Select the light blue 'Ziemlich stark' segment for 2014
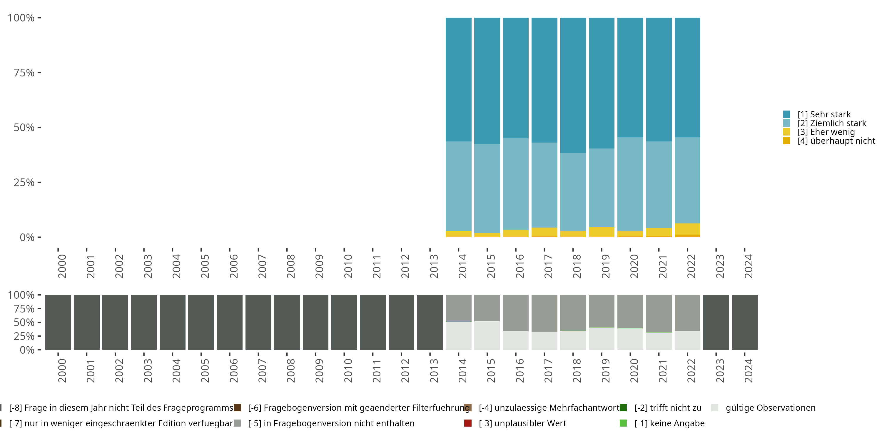[458, 186]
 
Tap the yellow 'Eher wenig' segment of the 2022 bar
[687, 229]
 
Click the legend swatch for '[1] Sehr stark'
[786, 114]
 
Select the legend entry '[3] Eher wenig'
[826, 132]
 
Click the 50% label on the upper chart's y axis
[24, 127]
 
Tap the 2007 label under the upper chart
[262, 266]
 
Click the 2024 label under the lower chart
[749, 370]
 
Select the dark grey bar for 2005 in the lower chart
[201, 322]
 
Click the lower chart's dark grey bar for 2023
[716, 322]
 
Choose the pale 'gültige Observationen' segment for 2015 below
[487, 335]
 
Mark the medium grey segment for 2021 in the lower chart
[659, 313]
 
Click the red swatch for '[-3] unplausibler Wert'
[468, 423]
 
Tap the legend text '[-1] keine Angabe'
[669, 423]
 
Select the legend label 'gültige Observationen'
[770, 408]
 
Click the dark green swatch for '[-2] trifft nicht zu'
[623, 408]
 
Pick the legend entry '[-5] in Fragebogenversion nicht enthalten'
[331, 423]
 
